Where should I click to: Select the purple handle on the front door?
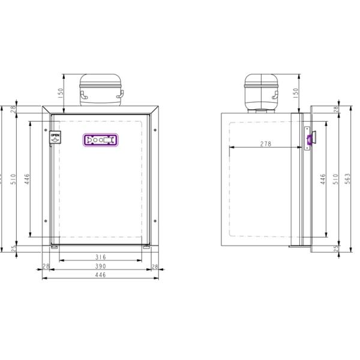coord(100,140)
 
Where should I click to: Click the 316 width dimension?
coord(101,257)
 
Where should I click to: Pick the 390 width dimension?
coord(100,266)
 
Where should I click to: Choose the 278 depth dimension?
coord(265,144)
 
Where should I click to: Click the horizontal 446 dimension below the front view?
coord(100,275)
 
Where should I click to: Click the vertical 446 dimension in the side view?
coord(324,178)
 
